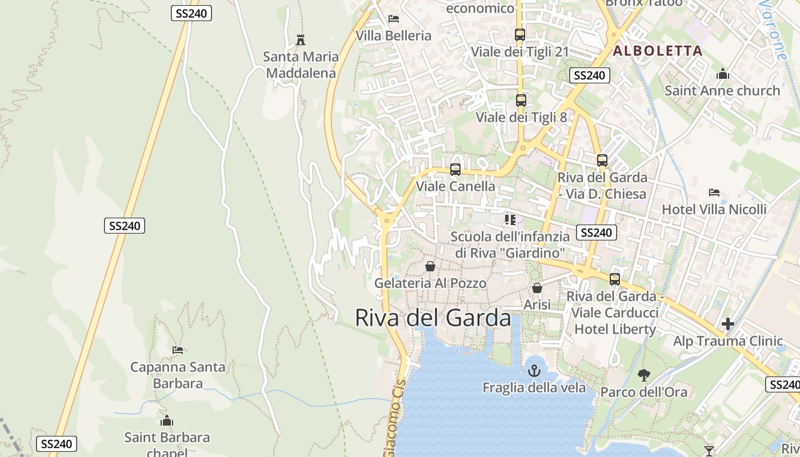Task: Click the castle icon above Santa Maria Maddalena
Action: point(301,40)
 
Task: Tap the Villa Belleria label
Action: point(393,35)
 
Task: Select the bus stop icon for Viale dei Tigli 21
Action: point(519,34)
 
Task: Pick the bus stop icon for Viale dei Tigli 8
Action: point(521,101)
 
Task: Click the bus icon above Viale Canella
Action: point(455,170)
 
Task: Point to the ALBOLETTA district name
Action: point(657,51)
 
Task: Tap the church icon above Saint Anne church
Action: point(722,74)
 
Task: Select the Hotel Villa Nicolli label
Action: point(714,209)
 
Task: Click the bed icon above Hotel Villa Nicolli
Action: point(714,193)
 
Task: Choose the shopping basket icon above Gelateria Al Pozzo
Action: point(430,266)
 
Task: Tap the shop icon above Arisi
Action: point(537,288)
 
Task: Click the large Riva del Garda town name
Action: point(433,318)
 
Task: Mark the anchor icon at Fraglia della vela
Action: point(534,371)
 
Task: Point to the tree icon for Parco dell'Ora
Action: point(643,375)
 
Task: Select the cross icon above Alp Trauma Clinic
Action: point(727,324)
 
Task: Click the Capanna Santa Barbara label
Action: point(178,375)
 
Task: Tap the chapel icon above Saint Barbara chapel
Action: point(167,420)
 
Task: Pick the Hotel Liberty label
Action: point(615,329)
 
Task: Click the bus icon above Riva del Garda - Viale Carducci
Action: point(614,279)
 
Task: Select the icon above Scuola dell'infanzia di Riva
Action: point(510,220)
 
